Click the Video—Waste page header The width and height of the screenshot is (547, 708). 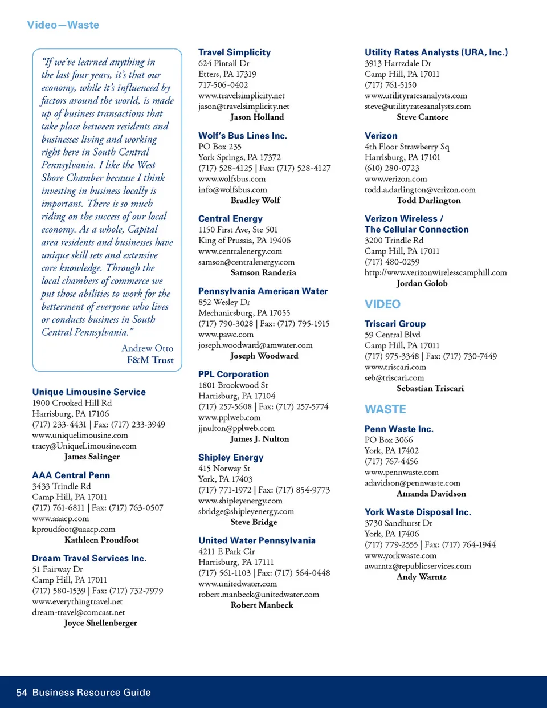pos(63,25)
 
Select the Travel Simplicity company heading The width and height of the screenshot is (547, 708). pos(234,52)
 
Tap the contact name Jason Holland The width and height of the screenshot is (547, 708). pos(257,117)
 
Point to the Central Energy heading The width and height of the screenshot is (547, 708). pos(230,219)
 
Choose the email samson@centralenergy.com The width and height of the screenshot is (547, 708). pos(246,262)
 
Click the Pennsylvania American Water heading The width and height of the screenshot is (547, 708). pos(263,291)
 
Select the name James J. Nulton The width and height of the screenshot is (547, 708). pos(259,439)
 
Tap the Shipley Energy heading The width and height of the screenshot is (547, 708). pos(231,458)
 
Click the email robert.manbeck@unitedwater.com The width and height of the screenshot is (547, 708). pos(259,594)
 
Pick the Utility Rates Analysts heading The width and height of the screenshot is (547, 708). pos(436,52)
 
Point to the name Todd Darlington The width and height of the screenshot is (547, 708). pos(428,200)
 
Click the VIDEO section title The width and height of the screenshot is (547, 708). pos(382,304)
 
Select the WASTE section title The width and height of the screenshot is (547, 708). pos(385,409)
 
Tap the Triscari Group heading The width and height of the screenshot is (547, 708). pos(395,324)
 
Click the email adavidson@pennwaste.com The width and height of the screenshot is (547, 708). pos(412,483)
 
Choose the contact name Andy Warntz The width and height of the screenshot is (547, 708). pos(422,577)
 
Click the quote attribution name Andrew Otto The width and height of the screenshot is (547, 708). pos(147,348)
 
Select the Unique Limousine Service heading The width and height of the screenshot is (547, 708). pos(89,392)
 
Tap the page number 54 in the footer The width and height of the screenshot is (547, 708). pos(22,693)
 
